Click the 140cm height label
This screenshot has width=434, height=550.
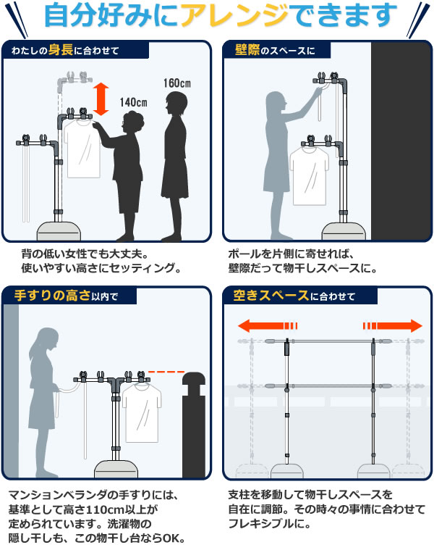click(133, 101)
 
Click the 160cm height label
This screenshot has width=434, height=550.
click(176, 83)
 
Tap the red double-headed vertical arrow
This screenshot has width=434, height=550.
click(101, 99)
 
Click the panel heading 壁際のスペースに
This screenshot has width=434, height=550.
click(276, 50)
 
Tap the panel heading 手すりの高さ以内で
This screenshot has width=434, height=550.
click(64, 295)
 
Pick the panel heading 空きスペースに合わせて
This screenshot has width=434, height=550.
click(294, 295)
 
